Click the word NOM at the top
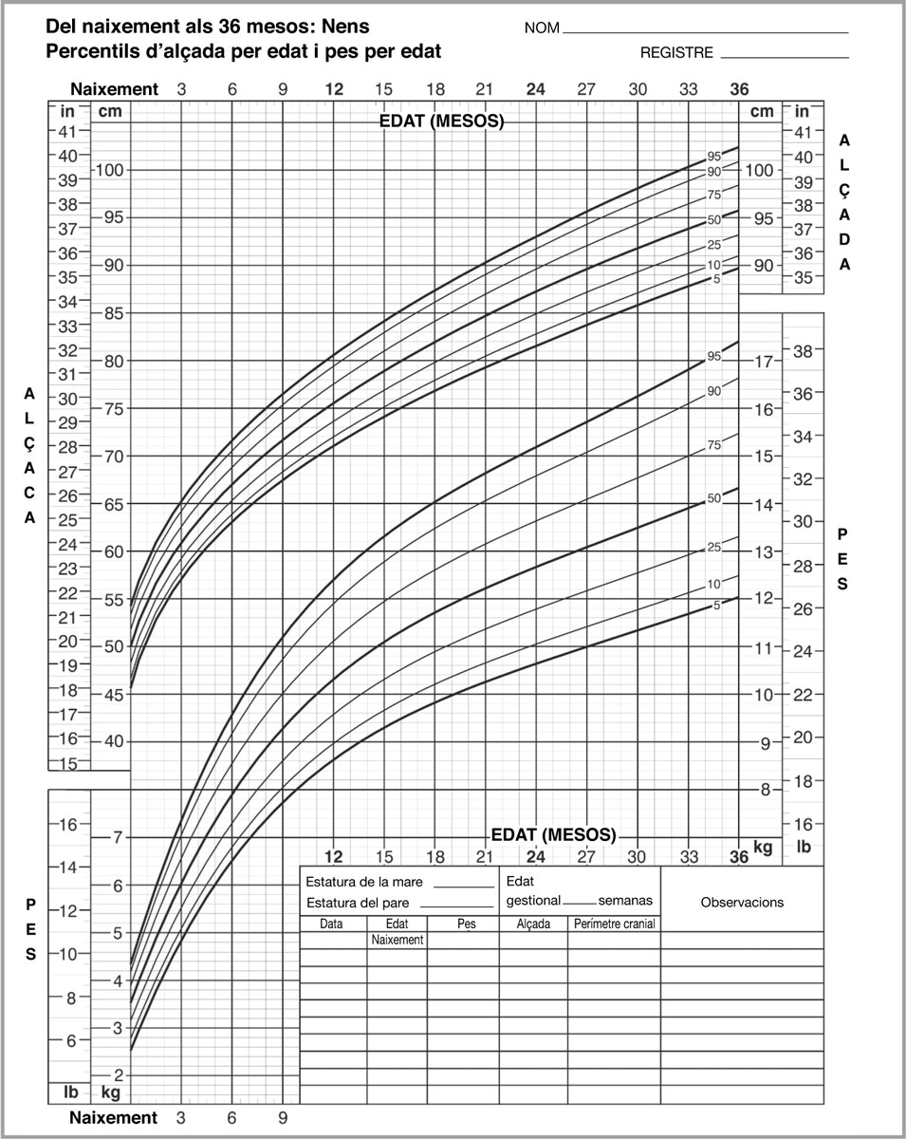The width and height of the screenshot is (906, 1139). (543, 28)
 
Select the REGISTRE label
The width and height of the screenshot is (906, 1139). (676, 53)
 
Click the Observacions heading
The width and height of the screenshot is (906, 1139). (742, 902)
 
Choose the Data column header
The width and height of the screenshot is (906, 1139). (332, 924)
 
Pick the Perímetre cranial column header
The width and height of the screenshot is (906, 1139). (614, 924)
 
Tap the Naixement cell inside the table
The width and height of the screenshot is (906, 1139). (397, 940)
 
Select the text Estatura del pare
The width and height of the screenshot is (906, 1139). (361, 903)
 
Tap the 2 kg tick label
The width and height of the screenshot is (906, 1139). (118, 1074)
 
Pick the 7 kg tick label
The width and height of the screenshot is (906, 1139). (118, 837)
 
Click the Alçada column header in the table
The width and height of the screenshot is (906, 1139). (533, 924)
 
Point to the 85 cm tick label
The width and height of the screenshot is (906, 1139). (112, 313)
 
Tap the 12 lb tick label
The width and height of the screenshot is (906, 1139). (67, 911)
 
